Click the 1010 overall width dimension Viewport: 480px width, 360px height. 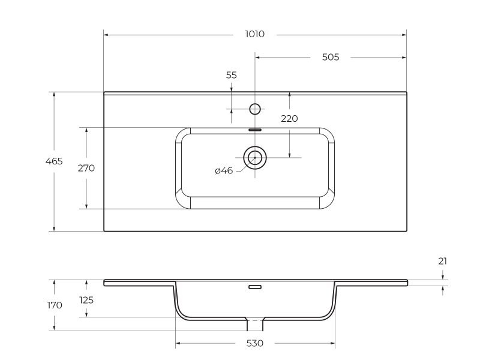pyautogui.click(x=254, y=34)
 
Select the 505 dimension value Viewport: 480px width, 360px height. pyautogui.click(x=331, y=57)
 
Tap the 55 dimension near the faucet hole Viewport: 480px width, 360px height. pyautogui.click(x=232, y=75)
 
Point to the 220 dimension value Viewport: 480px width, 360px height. pyautogui.click(x=289, y=119)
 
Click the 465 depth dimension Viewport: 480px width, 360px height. pyautogui.click(x=54, y=161)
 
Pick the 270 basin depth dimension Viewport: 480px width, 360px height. pyautogui.click(x=86, y=168)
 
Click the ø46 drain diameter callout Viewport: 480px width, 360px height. pyautogui.click(x=224, y=171)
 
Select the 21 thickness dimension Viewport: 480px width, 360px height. pyautogui.click(x=443, y=261)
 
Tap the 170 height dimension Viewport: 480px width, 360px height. pyautogui.click(x=54, y=305)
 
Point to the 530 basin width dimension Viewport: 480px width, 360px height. pyautogui.click(x=254, y=344)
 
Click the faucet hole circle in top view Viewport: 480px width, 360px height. pyautogui.click(x=255, y=109)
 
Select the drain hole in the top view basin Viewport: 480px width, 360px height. pyautogui.click(x=255, y=158)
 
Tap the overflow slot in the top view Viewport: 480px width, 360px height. pyautogui.click(x=255, y=128)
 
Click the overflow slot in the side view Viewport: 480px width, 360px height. pyautogui.click(x=255, y=287)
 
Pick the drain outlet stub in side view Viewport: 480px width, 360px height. pyautogui.click(x=255, y=325)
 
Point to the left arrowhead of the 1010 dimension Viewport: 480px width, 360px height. pyautogui.click(x=106, y=34)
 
